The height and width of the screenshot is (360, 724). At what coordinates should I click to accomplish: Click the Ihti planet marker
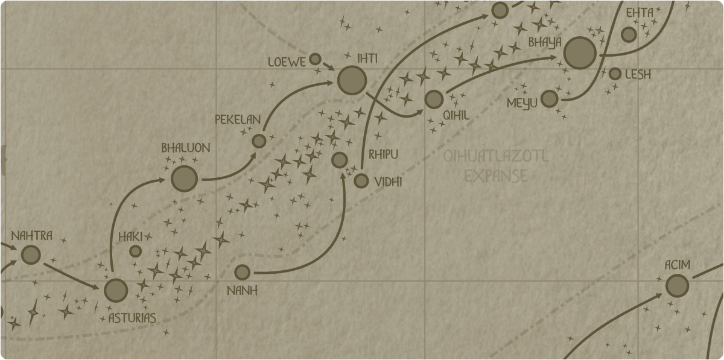click(352, 80)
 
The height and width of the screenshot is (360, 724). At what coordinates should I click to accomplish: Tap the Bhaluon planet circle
click(184, 178)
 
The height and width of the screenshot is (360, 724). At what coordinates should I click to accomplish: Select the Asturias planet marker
click(116, 290)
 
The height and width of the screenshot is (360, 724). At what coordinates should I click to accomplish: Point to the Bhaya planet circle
click(580, 53)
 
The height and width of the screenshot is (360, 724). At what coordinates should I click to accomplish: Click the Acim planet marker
click(677, 285)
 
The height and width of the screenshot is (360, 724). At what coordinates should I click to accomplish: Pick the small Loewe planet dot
click(315, 59)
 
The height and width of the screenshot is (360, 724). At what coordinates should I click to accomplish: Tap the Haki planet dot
click(136, 251)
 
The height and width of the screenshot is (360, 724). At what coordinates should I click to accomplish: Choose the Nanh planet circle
click(242, 273)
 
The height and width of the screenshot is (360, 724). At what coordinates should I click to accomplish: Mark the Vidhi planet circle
click(361, 181)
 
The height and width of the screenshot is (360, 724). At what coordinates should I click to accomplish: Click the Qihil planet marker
click(434, 99)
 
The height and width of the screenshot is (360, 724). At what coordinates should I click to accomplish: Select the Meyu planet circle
click(549, 98)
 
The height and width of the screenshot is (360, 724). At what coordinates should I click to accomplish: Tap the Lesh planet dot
click(615, 74)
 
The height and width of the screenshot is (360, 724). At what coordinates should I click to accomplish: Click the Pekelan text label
click(238, 119)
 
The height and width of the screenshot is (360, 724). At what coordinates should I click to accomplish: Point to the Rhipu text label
click(383, 155)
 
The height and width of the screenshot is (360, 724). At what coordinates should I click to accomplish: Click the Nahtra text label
click(31, 235)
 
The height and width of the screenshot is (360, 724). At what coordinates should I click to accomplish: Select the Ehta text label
click(639, 13)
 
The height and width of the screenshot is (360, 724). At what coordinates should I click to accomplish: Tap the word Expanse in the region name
click(497, 176)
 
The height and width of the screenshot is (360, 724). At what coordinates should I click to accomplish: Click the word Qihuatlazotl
click(496, 157)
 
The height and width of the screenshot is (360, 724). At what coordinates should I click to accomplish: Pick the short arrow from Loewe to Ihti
click(329, 66)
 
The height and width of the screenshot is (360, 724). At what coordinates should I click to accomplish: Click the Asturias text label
click(132, 318)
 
